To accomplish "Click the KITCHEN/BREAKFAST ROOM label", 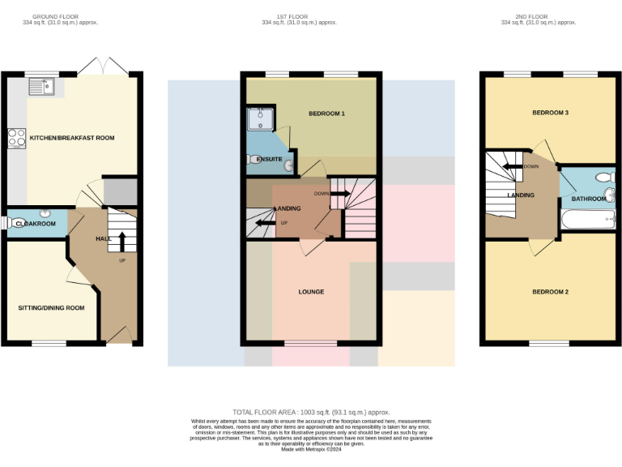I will pyautogui.click(x=72, y=138).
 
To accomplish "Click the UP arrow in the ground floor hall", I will pyautogui.click(x=121, y=241).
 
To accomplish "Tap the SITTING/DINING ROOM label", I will pyautogui.click(x=52, y=308).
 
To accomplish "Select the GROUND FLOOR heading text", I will pyautogui.click(x=61, y=16).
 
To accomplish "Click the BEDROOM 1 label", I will pyautogui.click(x=326, y=114).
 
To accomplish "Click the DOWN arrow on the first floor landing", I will pyautogui.click(x=339, y=194).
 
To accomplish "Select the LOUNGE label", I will pyautogui.click(x=311, y=292).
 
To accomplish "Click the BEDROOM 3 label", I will pyautogui.click(x=550, y=113).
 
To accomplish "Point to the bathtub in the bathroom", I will pyautogui.click(x=587, y=218).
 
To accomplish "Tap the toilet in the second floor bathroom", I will pyautogui.click(x=603, y=178).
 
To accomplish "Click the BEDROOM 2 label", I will pyautogui.click(x=550, y=292).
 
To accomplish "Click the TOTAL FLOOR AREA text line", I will pyautogui.click(x=311, y=412).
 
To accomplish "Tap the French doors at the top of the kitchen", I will pyautogui.click(x=103, y=66).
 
